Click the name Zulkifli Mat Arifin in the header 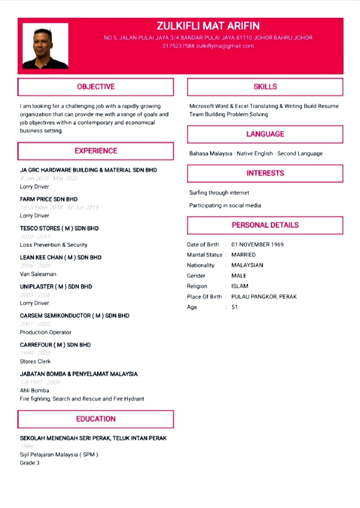tap(208, 25)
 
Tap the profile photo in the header tap(45, 46)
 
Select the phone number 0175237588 tap(178, 46)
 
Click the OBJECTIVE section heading tap(96, 87)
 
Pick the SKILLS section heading tap(265, 87)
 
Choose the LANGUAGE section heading tap(265, 134)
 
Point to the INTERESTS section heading tap(265, 174)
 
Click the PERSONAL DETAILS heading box tap(265, 225)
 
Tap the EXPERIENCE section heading tap(96, 151)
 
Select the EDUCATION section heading tap(96, 418)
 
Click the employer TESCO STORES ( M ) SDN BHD tap(59, 229)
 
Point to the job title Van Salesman tap(38, 274)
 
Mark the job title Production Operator tap(45, 332)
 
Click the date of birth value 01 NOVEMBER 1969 tap(257, 245)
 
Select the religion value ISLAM tap(240, 286)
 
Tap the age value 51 tap(235, 307)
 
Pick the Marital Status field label tap(205, 255)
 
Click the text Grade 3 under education tap(30, 463)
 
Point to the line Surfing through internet tap(219, 193)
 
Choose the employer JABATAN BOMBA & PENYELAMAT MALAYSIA tap(79, 374)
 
